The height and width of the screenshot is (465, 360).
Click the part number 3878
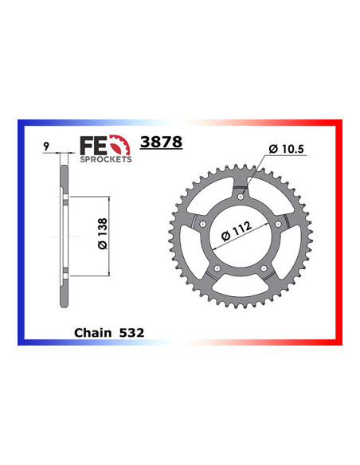click(161, 143)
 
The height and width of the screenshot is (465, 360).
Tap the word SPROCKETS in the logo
click(105, 158)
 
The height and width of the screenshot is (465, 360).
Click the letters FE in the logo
click(91, 145)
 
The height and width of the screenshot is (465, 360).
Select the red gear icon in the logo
click(119, 147)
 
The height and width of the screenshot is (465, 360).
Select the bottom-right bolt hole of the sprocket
click(264, 270)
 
